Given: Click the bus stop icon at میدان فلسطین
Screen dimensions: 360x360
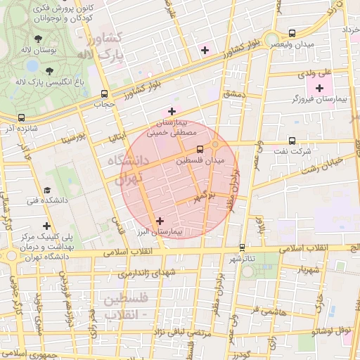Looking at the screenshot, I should [200, 149].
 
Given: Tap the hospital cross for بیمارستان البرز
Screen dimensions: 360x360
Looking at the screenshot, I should [160, 221].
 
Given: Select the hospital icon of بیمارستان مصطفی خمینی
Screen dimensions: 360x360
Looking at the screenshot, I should [171, 111].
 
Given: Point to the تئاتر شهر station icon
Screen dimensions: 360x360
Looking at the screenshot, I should [243, 247].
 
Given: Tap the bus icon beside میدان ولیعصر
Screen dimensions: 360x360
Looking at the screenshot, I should [292, 33].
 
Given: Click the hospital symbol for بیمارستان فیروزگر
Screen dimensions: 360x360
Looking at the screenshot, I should [320, 88].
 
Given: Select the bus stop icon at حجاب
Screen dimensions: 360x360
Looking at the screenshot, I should [105, 93].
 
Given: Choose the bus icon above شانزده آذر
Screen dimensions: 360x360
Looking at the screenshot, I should [21, 118].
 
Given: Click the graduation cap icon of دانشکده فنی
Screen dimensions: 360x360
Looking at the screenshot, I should [47, 190].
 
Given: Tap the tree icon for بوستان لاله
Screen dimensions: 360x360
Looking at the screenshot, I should [37, 41].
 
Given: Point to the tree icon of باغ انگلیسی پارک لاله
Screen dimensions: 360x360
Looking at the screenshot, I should [49, 70].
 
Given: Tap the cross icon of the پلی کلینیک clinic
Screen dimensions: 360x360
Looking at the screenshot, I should [46, 226].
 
